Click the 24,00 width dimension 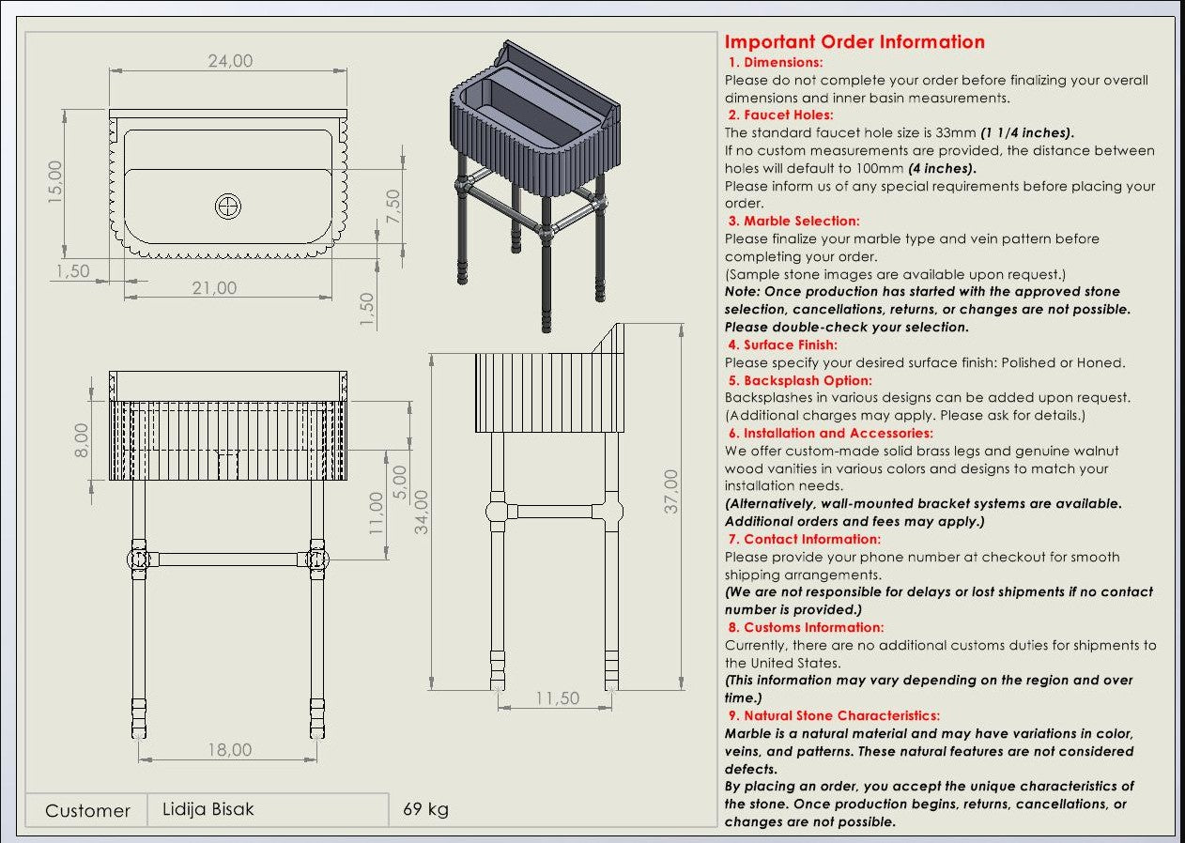click(x=230, y=61)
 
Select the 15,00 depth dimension click(x=55, y=181)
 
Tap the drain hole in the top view click(x=228, y=207)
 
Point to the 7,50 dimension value click(x=392, y=207)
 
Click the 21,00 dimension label click(x=215, y=288)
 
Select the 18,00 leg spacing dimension click(x=230, y=750)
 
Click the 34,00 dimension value click(x=423, y=512)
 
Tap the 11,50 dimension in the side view click(x=558, y=698)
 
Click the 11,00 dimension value click(x=377, y=513)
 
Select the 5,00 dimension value click(x=400, y=483)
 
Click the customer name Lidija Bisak click(x=208, y=809)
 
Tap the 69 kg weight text click(x=425, y=809)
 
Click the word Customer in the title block click(x=87, y=810)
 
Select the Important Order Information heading click(x=854, y=42)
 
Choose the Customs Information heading click(x=813, y=627)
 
